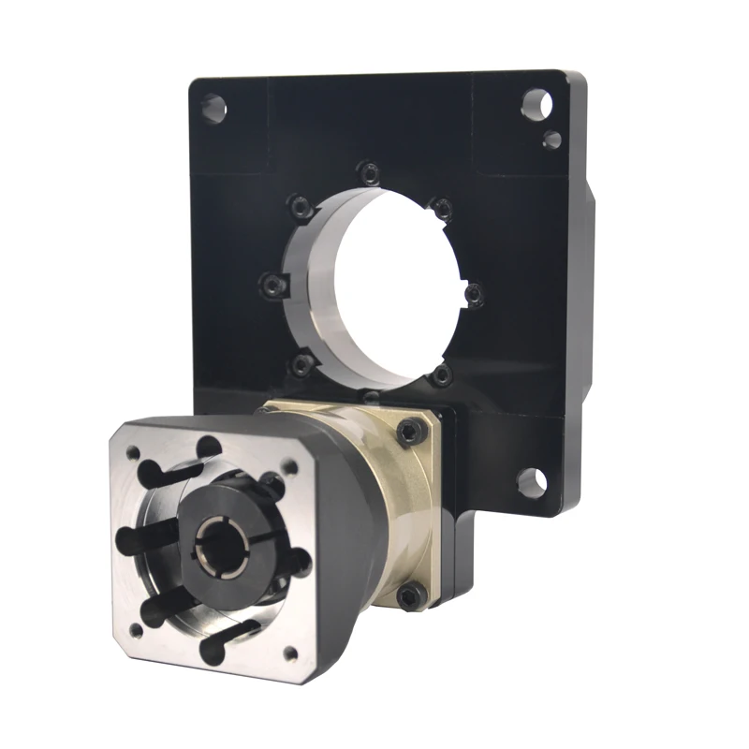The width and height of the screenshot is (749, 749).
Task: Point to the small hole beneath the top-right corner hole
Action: pos(552,140)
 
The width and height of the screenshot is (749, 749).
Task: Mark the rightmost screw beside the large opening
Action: pos(472,296)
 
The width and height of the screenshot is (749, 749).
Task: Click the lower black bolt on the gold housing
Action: pos(408,594)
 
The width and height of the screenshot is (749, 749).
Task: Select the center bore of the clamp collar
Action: pos(213,543)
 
